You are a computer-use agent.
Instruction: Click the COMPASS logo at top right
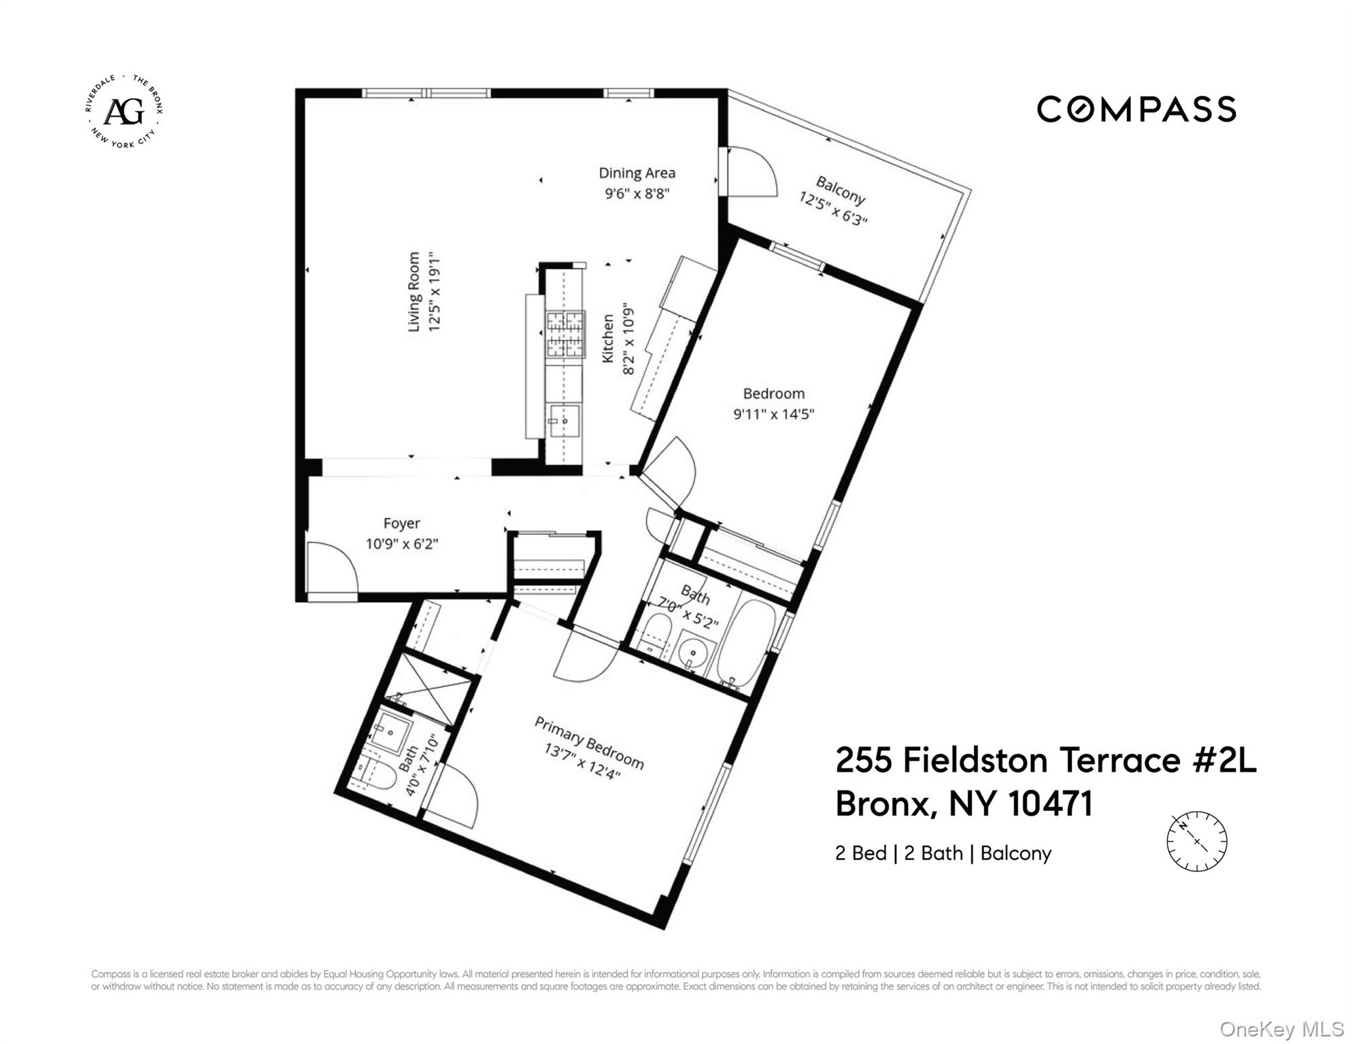(x=1136, y=109)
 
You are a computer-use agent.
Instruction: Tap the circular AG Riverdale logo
(x=124, y=111)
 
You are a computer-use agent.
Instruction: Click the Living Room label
(x=414, y=292)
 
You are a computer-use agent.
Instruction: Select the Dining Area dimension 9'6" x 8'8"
(x=637, y=194)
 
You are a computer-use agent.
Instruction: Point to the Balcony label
(x=841, y=190)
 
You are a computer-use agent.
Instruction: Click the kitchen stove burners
(x=566, y=334)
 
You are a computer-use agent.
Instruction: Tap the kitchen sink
(x=564, y=421)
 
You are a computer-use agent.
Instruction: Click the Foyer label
(x=401, y=523)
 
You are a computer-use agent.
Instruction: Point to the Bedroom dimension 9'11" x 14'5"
(x=773, y=414)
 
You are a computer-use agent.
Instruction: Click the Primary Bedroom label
(x=589, y=742)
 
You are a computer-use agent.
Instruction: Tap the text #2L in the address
(x=1224, y=760)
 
